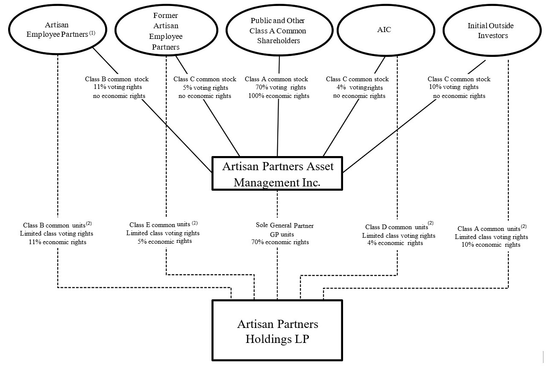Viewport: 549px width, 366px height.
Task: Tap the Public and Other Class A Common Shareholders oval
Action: coord(278,31)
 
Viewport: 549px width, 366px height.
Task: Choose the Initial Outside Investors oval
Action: coord(490,31)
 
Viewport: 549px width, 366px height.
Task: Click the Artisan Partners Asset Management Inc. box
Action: coord(277,173)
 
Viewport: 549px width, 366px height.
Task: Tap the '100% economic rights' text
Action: coord(279,96)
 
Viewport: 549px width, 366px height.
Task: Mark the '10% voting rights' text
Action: coord(454,87)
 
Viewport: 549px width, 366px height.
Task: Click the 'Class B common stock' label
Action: coord(117,79)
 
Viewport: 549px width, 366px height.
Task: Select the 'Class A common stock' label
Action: coord(276,79)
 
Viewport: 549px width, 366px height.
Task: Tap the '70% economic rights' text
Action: coord(280,242)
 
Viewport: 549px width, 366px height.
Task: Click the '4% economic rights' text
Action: coord(395,243)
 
